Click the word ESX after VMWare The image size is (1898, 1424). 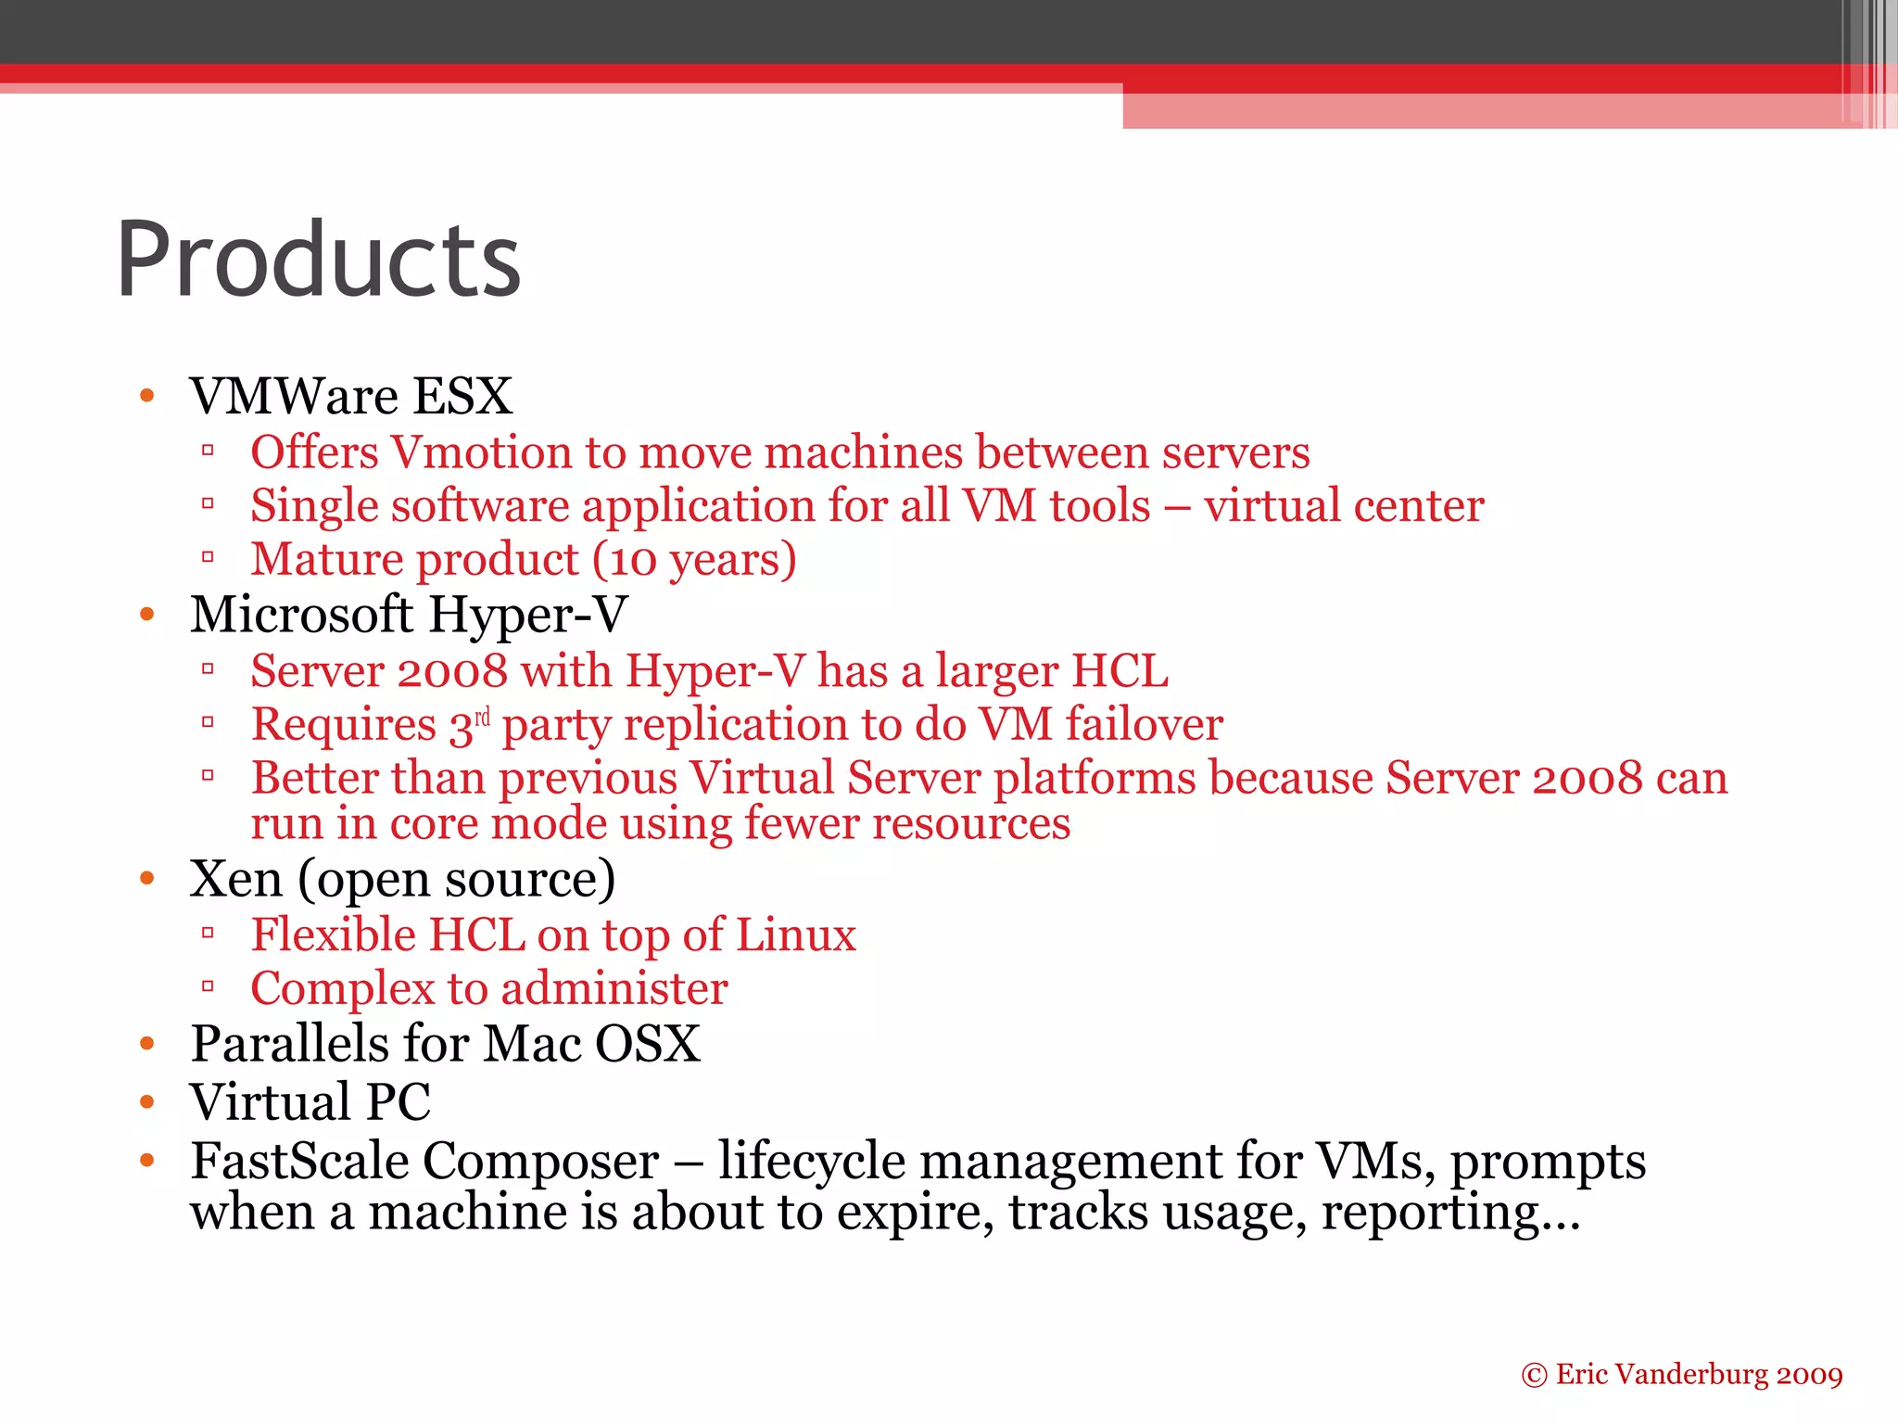462,396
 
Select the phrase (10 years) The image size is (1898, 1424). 694,560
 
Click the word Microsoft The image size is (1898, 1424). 301,615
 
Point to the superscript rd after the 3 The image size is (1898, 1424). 482,717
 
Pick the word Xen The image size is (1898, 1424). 235,879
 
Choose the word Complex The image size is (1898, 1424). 342,989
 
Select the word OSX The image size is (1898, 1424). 647,1044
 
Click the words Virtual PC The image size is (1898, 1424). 310,1102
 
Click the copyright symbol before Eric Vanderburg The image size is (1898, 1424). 1534,1375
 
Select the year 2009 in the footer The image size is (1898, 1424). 1809,1375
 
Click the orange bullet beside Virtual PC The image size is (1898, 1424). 146,1101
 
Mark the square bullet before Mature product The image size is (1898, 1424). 208,557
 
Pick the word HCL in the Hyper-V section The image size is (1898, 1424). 1120,671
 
